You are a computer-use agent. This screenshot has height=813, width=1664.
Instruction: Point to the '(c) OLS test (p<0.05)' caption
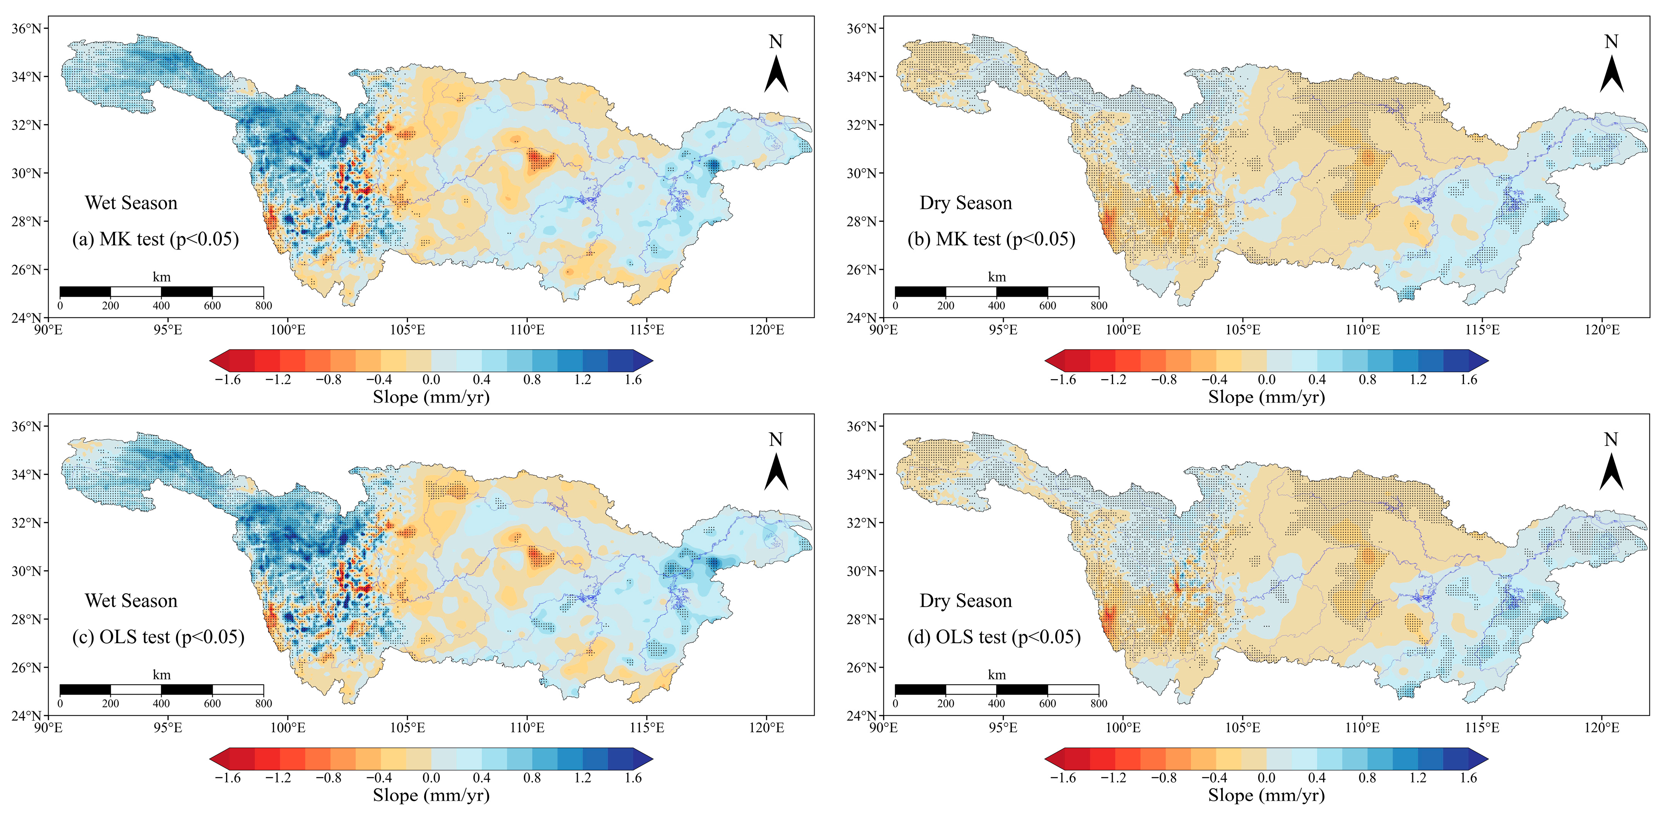[158, 637]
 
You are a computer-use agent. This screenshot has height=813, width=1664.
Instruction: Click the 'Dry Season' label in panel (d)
[966, 601]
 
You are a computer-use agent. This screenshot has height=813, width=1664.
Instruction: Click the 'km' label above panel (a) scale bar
[161, 277]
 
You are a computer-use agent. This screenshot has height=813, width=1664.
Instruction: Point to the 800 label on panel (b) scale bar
[1099, 305]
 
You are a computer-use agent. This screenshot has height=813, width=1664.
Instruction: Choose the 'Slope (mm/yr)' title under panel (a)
[431, 397]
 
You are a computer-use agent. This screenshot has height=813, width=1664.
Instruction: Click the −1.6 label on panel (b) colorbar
[1063, 380]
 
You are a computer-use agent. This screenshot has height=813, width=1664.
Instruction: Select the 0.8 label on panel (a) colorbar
[532, 380]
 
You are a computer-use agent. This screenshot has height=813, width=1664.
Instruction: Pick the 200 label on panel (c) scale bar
[110, 704]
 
